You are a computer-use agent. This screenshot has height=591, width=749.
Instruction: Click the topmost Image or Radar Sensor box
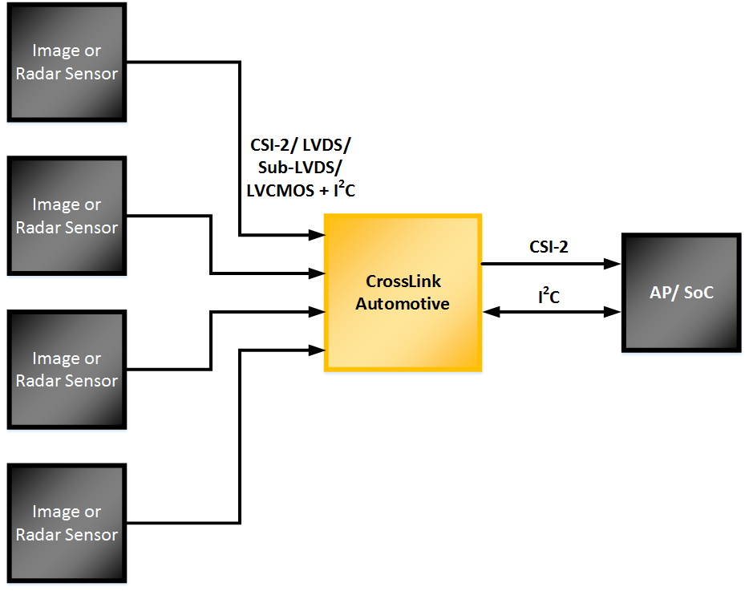(67, 62)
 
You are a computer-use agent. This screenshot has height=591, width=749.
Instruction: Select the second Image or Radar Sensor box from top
(67, 216)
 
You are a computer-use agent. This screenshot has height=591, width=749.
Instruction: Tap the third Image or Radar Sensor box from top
(67, 369)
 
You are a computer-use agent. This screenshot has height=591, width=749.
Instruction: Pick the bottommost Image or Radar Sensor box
(67, 523)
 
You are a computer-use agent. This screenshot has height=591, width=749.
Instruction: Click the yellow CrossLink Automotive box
(403, 293)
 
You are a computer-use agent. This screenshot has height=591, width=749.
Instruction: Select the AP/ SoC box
(681, 293)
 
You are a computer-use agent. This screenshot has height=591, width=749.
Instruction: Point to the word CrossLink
(403, 282)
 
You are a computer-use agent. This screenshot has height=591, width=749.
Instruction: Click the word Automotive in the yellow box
(403, 304)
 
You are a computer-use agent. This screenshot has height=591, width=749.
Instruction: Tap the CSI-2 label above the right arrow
(549, 247)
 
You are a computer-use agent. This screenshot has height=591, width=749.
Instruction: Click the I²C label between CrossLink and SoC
(549, 297)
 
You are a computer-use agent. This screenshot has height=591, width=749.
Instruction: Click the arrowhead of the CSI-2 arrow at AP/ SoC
(615, 263)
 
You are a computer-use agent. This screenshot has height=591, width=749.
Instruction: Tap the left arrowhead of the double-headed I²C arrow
(488, 311)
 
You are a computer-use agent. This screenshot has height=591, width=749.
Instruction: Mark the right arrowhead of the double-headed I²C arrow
(615, 311)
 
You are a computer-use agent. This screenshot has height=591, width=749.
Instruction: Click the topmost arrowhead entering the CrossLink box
(318, 235)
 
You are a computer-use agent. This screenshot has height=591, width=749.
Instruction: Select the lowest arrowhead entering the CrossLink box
(318, 349)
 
